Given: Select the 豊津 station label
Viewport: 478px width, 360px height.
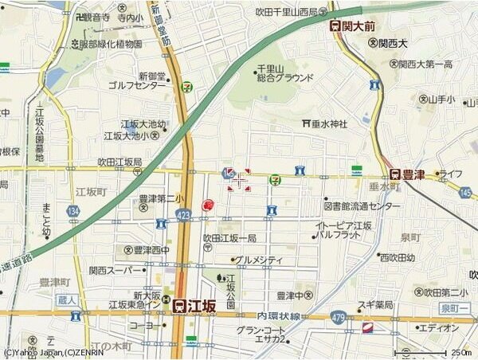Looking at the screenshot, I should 412,174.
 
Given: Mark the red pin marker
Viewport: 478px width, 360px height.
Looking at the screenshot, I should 209,205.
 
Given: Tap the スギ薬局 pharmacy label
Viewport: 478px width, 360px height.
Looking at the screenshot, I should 375,304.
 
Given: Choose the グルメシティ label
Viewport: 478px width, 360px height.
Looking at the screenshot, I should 258,260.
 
